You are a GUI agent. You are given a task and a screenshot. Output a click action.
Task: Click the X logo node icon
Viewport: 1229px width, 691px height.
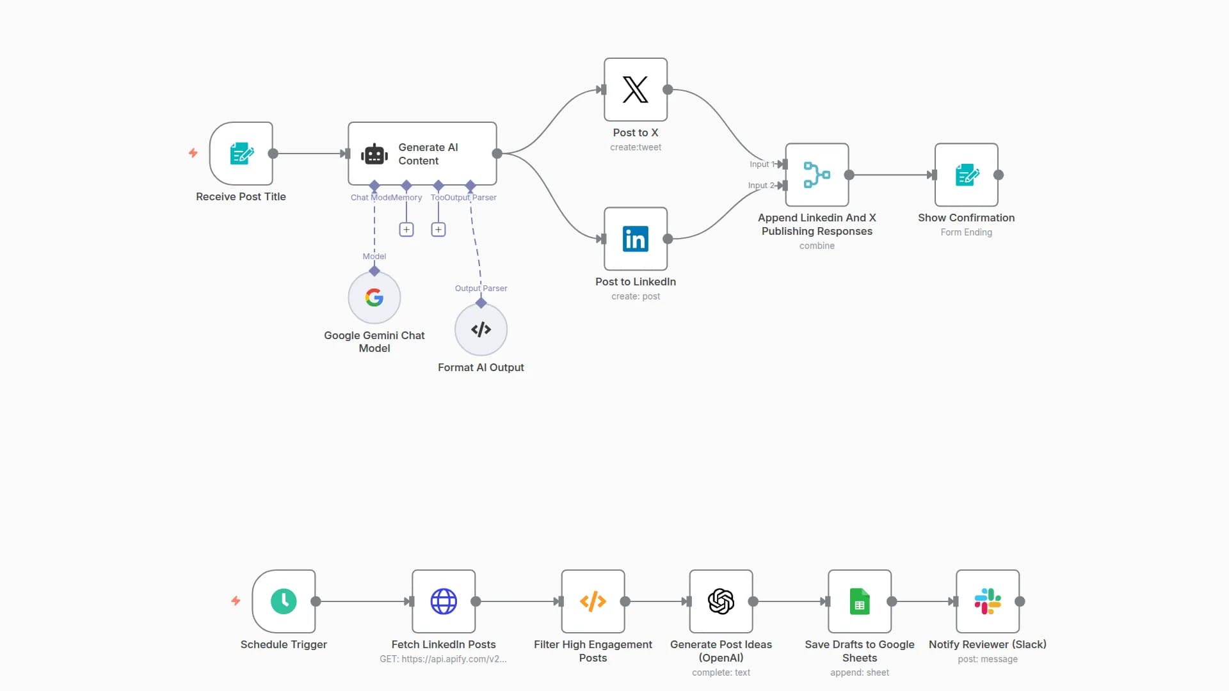[x=635, y=90]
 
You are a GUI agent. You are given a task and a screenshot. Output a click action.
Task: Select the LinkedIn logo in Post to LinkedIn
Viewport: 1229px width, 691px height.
[x=635, y=239]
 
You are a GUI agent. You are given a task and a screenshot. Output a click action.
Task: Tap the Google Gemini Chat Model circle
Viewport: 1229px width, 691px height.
[x=374, y=298]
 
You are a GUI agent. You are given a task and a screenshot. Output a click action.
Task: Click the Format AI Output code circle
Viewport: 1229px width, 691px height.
[x=481, y=330]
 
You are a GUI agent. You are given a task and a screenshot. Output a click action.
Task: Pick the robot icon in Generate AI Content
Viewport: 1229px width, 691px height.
[x=374, y=154]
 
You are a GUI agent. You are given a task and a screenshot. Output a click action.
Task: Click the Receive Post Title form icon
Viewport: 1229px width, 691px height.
[x=241, y=154]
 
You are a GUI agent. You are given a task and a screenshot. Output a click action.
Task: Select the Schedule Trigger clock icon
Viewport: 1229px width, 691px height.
[x=284, y=601]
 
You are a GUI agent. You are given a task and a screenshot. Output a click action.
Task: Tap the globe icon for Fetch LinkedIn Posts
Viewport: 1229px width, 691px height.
[x=444, y=601]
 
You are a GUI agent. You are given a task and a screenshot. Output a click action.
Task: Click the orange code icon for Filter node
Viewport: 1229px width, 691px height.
[x=593, y=601]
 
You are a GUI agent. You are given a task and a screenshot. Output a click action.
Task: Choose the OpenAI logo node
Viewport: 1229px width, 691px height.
[x=721, y=601]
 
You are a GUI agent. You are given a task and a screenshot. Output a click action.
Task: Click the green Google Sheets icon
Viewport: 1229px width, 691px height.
[x=860, y=601]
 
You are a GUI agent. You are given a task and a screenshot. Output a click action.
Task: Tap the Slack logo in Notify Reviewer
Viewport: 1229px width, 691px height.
[x=988, y=601]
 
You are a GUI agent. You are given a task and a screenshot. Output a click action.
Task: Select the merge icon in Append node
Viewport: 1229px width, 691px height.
[x=817, y=175]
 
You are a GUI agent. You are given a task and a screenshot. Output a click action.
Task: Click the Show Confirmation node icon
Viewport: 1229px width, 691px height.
[x=967, y=175]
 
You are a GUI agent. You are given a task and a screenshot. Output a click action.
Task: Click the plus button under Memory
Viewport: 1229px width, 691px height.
[x=406, y=230]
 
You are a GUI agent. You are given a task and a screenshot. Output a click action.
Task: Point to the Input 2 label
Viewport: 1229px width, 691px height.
[x=760, y=186]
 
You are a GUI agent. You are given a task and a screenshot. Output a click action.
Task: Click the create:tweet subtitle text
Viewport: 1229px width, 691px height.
[x=636, y=147]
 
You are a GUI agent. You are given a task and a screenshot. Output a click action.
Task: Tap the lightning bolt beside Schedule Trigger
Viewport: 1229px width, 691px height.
[x=236, y=601]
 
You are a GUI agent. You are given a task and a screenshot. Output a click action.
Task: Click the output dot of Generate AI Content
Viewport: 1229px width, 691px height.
[x=497, y=154]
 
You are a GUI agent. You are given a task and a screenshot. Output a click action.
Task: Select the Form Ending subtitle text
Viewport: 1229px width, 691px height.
[x=966, y=232]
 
